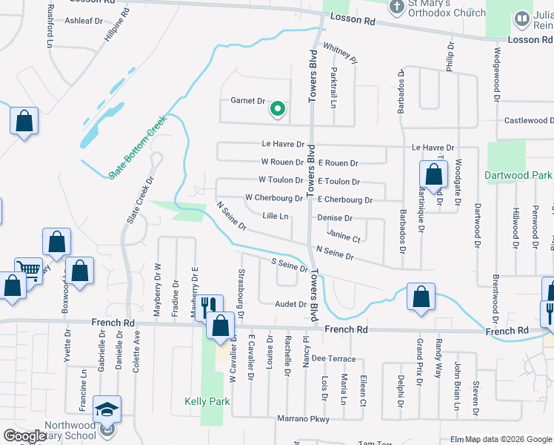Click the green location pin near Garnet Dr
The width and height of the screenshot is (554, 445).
click(278, 109)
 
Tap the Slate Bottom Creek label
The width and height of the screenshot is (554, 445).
click(138, 146)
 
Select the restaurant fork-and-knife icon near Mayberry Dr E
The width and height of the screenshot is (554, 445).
click(207, 305)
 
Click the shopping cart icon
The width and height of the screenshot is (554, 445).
click(28, 269)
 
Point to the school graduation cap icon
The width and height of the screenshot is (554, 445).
click(107, 408)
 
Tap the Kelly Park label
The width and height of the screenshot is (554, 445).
click(207, 401)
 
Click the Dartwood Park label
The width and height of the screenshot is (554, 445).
click(518, 176)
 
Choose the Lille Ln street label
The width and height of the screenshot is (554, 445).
click(275, 217)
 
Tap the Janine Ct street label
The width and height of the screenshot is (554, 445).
click(343, 238)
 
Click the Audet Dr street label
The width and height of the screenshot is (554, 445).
click(290, 304)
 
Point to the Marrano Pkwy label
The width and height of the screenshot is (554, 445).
click(302, 419)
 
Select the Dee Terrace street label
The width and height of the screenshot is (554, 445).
click(329, 358)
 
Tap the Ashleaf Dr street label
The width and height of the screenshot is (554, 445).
click(84, 21)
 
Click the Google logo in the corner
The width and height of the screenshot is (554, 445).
click(25, 436)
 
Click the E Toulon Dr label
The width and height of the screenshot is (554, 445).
click(338, 181)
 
